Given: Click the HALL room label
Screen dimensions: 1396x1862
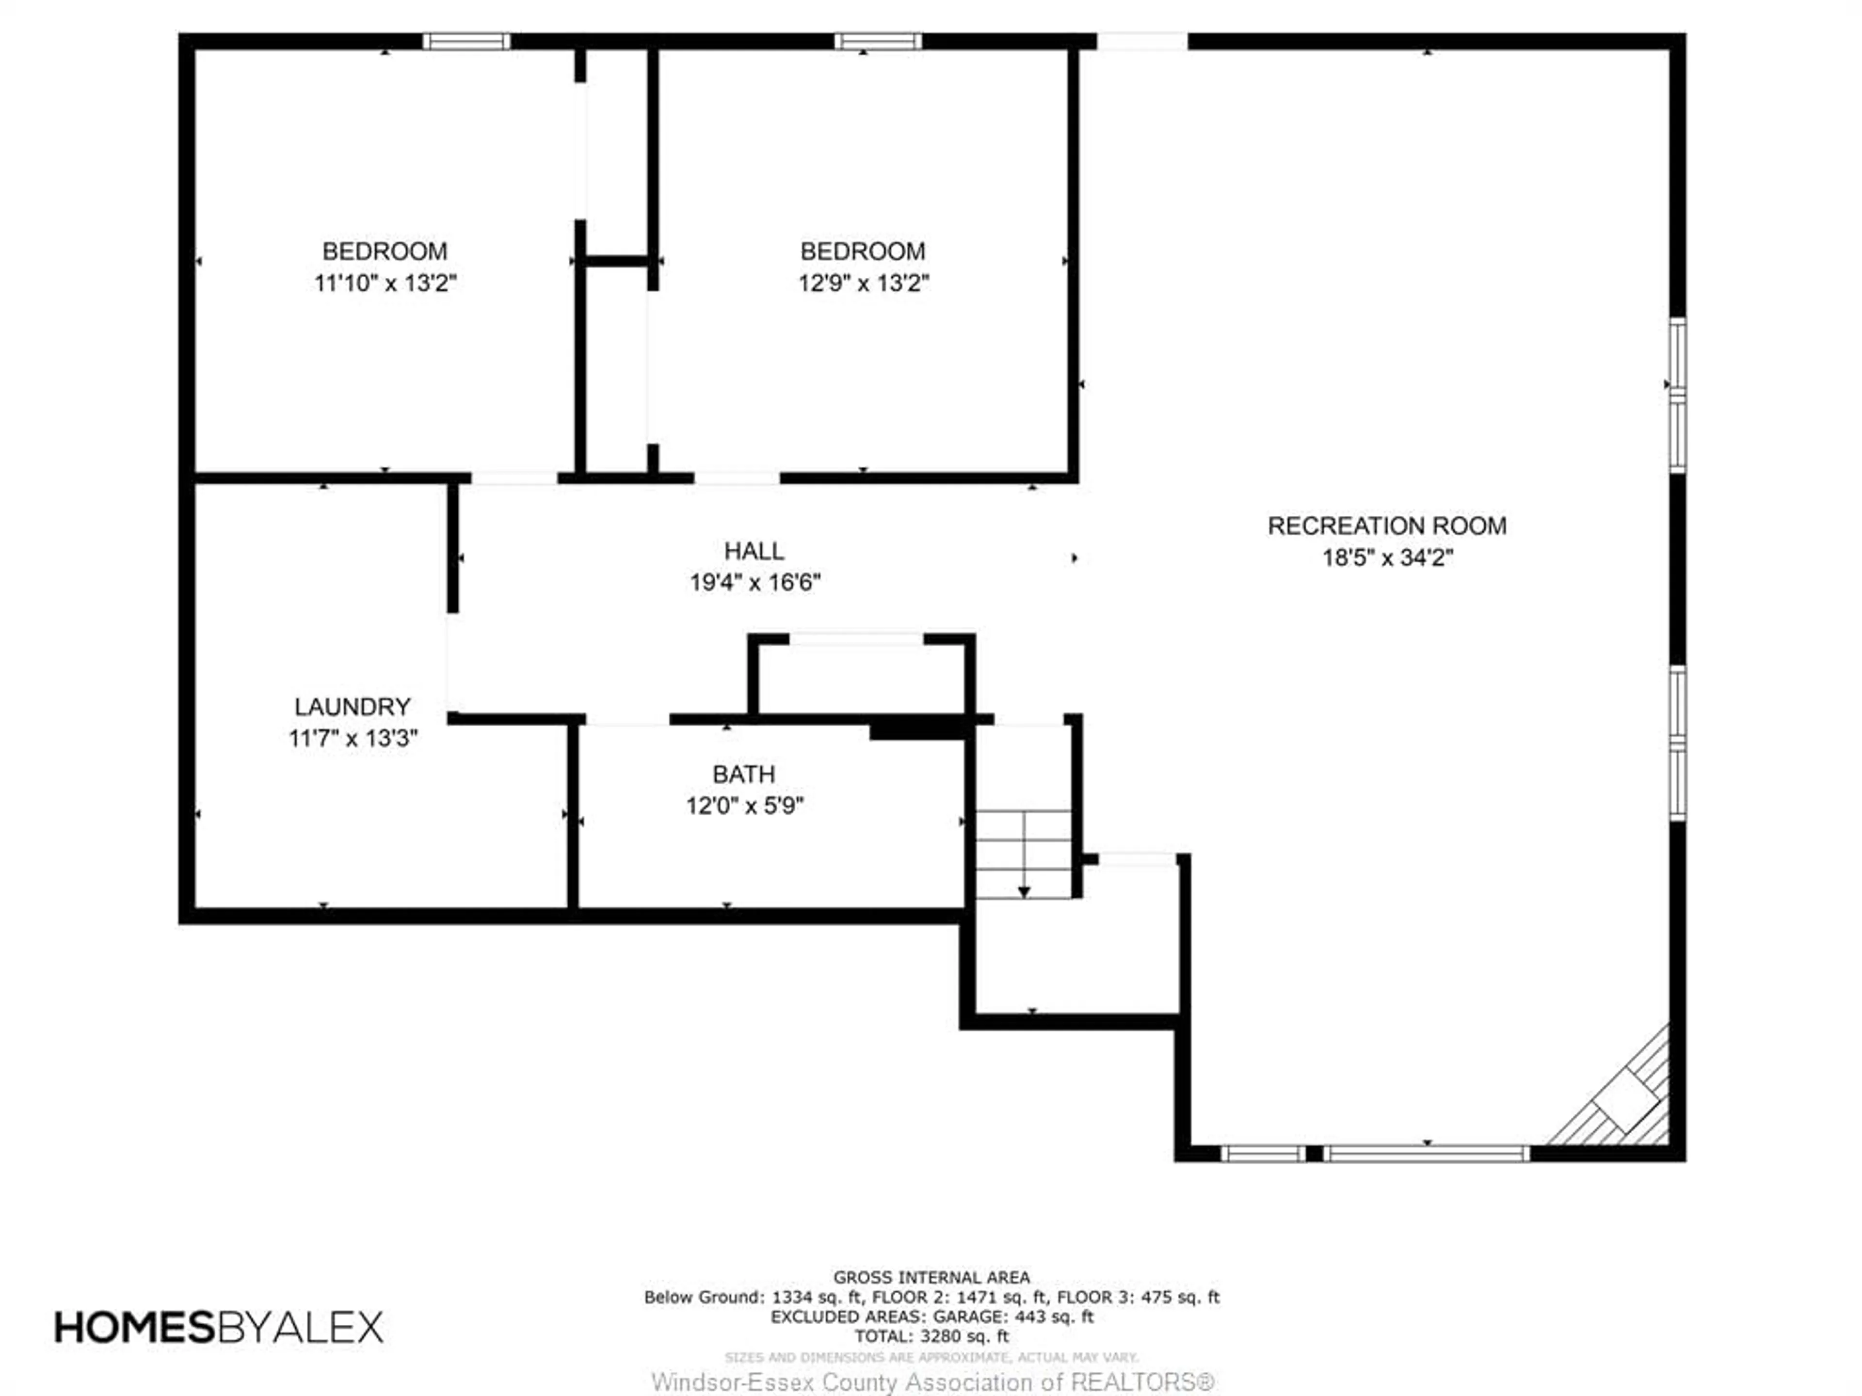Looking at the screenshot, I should (x=754, y=551).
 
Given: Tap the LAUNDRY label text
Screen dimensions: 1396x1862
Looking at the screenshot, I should (x=352, y=707).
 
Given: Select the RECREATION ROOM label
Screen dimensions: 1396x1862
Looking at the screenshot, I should (x=1386, y=526).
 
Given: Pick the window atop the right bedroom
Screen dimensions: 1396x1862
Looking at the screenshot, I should (x=878, y=41).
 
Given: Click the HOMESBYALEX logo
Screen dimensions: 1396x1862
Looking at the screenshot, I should (x=219, y=1327).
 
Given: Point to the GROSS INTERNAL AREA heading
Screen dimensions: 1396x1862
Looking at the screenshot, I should (x=931, y=1277).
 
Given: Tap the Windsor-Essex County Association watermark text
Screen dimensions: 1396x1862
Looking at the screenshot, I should (x=932, y=1381).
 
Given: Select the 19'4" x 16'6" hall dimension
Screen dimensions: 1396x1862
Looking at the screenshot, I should (x=754, y=582).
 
